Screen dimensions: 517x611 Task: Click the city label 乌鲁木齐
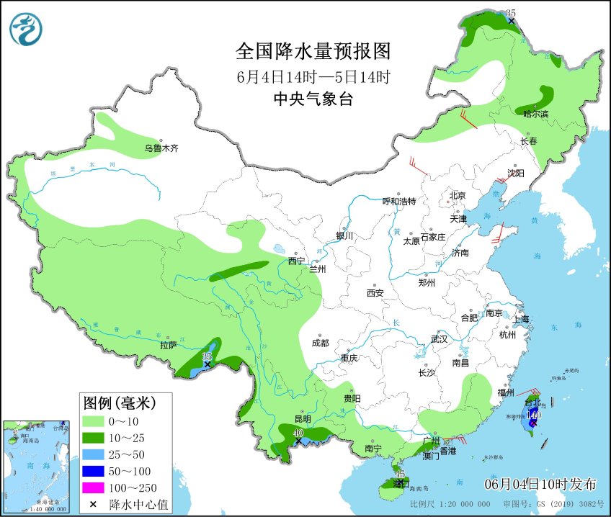point(160,148)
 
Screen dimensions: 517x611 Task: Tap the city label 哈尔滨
point(535,114)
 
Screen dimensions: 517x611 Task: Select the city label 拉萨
point(169,345)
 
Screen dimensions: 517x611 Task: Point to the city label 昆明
point(303,418)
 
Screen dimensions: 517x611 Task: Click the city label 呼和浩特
point(398,201)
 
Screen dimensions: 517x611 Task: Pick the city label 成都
point(320,343)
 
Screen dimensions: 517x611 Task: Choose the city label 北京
point(458,195)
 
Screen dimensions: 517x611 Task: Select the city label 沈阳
point(516,173)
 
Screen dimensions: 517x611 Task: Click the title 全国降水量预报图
point(313,52)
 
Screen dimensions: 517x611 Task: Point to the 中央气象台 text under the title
point(313,99)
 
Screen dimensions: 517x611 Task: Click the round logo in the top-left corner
point(26,30)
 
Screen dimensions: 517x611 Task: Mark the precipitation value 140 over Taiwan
point(533,415)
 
